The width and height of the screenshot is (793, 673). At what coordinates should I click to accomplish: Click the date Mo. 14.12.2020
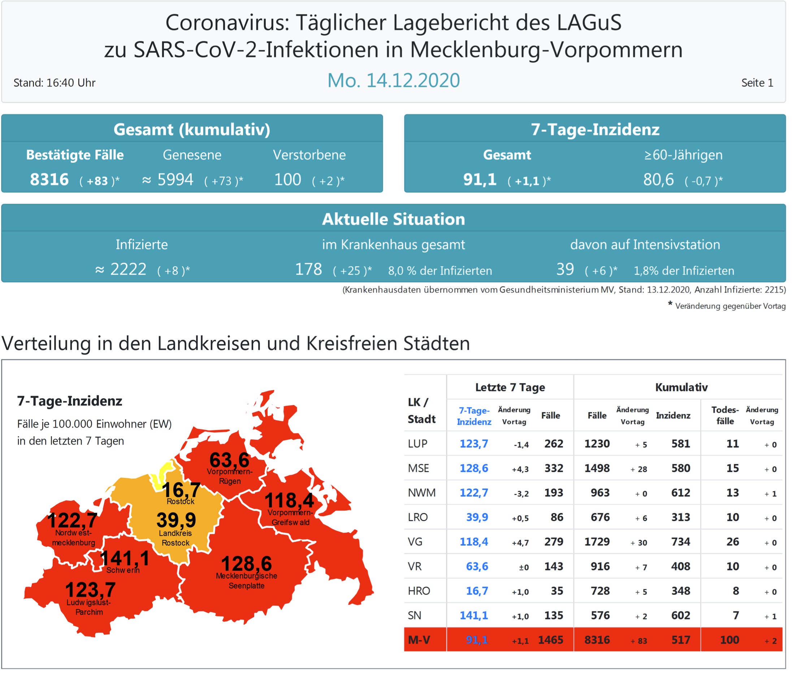[x=394, y=81]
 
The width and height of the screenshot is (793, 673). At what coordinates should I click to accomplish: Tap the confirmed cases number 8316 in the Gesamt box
[x=49, y=179]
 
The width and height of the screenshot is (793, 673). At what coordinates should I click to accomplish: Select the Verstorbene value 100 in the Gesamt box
[x=288, y=179]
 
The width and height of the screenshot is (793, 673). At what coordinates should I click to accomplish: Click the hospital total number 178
[x=308, y=269]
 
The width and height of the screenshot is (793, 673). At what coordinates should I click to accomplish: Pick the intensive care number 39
[x=565, y=269]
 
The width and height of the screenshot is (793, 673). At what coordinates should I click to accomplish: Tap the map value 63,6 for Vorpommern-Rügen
[x=229, y=460]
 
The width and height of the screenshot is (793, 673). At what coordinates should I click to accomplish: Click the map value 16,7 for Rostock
[x=181, y=490]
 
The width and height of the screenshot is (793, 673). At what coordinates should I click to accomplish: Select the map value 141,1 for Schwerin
[x=125, y=558]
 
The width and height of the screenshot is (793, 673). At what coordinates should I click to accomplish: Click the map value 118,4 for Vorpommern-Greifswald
[x=289, y=500]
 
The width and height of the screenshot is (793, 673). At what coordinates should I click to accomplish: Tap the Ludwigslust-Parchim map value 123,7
[x=90, y=590]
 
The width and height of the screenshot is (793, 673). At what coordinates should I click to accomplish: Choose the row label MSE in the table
[x=418, y=468]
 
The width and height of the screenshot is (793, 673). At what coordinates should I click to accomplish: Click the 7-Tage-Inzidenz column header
[x=474, y=416]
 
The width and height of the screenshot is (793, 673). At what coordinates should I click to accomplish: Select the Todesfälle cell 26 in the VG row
[x=732, y=542]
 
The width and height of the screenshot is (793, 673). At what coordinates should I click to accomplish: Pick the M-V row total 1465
[x=550, y=640]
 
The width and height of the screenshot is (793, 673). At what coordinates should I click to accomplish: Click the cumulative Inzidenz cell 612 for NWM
[x=680, y=492]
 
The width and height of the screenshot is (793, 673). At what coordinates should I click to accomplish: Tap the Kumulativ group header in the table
[x=681, y=387]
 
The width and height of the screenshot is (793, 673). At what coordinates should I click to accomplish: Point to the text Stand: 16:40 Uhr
[x=55, y=83]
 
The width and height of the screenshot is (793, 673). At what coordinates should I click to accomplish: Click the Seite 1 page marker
[x=757, y=83]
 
